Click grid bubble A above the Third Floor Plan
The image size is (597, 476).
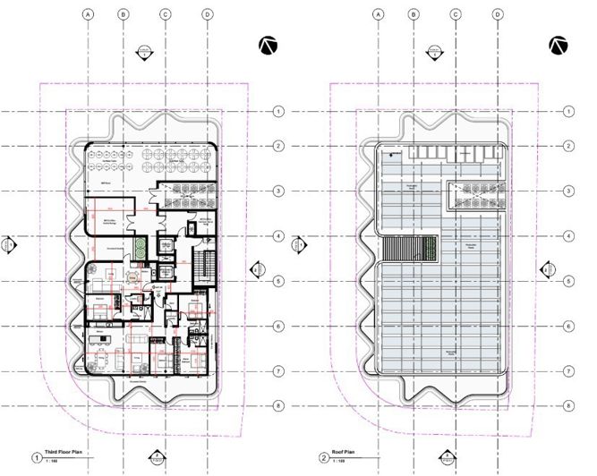pyautogui.click(x=88, y=14)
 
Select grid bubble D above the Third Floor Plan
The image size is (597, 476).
pyautogui.click(x=207, y=14)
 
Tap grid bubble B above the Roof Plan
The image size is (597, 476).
pyautogui.click(x=413, y=14)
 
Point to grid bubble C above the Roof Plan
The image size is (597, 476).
pyautogui.click(x=456, y=14)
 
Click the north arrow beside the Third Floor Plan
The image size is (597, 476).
pyautogui.click(x=267, y=46)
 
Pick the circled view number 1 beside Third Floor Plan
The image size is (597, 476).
pyautogui.click(x=37, y=457)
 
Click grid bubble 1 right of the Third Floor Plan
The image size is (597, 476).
pyautogui.click(x=278, y=111)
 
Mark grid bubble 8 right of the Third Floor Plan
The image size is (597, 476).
pyautogui.click(x=278, y=405)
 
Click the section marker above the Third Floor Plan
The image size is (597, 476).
pyautogui.click(x=146, y=52)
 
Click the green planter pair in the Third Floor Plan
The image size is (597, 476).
pyautogui.click(x=139, y=244)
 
